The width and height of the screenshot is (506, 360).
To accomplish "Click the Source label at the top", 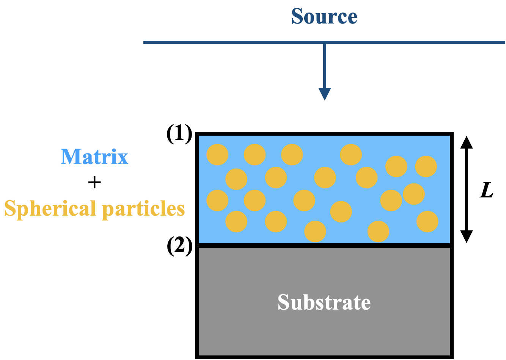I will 324,16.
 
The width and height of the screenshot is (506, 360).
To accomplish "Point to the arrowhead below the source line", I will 324,94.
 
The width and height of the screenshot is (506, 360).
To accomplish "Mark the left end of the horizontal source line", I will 144,42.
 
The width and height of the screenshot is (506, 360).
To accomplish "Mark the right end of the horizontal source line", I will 504,42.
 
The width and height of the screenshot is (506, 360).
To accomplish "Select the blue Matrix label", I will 94,157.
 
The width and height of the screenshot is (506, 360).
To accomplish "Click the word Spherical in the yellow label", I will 50,209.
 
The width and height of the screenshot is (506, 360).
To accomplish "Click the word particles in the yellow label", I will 143,209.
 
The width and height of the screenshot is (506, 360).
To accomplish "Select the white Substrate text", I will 324,302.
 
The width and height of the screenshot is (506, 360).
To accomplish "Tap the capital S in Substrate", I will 284,302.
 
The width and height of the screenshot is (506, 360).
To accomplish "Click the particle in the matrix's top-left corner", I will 217,155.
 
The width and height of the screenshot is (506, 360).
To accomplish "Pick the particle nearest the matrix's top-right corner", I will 426,166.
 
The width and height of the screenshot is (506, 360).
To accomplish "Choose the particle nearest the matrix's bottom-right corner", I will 427,222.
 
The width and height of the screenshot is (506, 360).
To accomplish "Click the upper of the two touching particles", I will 414,194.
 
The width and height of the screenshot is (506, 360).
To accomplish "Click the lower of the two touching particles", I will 391,200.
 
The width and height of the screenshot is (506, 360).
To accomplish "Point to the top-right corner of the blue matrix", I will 449,136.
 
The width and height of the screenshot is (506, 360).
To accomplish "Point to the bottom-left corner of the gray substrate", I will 200,354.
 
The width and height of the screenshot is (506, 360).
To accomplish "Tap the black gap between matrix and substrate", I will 324,246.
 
